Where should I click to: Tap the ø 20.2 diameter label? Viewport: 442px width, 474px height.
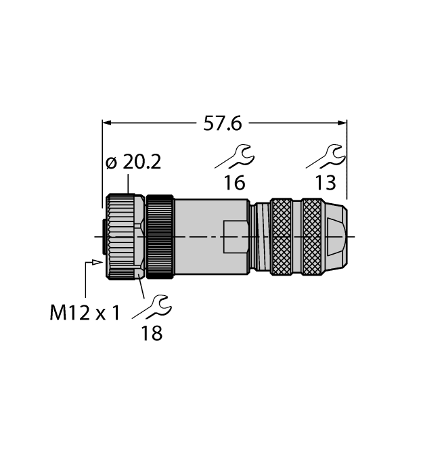[x=135, y=163]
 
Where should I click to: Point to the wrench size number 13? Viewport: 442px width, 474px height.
[x=325, y=182]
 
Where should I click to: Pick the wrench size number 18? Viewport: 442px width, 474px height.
[x=152, y=333]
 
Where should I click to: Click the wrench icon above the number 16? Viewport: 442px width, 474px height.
[x=234, y=158]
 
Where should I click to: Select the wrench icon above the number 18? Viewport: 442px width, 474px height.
[x=152, y=308]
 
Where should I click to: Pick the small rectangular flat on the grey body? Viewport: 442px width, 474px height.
[x=234, y=236]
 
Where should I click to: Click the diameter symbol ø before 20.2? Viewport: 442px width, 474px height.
[x=112, y=163]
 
